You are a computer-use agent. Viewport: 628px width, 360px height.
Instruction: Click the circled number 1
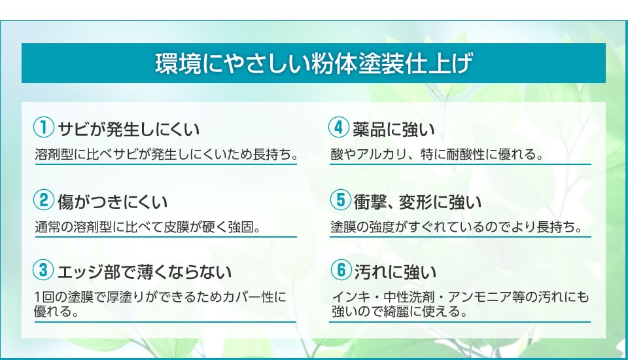click(44, 127)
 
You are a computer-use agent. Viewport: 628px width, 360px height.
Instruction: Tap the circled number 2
click(44, 199)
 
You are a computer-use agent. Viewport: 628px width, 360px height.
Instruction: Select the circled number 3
click(44, 270)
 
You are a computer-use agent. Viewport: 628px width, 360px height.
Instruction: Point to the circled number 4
click(339, 127)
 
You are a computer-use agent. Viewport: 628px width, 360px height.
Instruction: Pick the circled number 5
click(340, 199)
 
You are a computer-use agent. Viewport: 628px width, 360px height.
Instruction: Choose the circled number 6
click(341, 270)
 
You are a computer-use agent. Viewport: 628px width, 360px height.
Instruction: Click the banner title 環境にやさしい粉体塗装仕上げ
click(313, 63)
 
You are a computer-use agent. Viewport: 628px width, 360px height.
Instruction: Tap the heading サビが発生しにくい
click(129, 129)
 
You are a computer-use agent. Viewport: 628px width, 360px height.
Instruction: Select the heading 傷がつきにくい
click(112, 202)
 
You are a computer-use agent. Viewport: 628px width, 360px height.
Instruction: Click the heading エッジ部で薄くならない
click(145, 272)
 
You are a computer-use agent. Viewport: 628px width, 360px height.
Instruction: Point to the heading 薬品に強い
click(394, 129)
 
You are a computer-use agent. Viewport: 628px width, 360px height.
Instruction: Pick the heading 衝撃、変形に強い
click(418, 202)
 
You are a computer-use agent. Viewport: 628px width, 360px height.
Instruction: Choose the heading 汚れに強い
click(395, 272)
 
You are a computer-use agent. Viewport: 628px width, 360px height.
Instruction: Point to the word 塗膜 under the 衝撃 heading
click(343, 227)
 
